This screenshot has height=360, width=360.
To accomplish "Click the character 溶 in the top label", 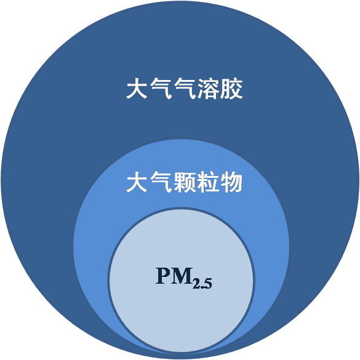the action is [207, 89].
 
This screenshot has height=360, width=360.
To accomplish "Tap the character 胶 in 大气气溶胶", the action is [231, 89].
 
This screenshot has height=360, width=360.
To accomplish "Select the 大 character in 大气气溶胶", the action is [137, 89].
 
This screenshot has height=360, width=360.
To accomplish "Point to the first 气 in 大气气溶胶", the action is [161, 89].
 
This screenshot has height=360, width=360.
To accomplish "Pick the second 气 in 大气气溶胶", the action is [184, 89].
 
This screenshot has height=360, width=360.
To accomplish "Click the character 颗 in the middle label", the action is [184, 183].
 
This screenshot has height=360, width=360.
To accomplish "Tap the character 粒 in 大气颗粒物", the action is [207, 183].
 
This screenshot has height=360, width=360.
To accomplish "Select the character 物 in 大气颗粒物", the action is [231, 183].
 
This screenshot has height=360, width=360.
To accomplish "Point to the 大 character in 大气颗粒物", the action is [137, 183].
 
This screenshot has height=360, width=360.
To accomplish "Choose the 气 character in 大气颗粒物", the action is [161, 183].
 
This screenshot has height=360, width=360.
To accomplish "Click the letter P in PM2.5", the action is [164, 276].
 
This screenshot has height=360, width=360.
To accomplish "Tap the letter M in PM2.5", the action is [182, 276].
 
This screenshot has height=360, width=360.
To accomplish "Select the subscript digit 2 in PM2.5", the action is [197, 283].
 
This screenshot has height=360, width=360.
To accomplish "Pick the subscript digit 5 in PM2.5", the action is [208, 283].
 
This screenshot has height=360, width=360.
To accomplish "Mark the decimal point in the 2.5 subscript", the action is [202, 287].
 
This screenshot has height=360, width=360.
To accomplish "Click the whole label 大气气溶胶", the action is [185, 89].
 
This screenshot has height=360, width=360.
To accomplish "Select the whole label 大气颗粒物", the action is [185, 183].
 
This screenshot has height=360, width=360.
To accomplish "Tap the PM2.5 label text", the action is [184, 278].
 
